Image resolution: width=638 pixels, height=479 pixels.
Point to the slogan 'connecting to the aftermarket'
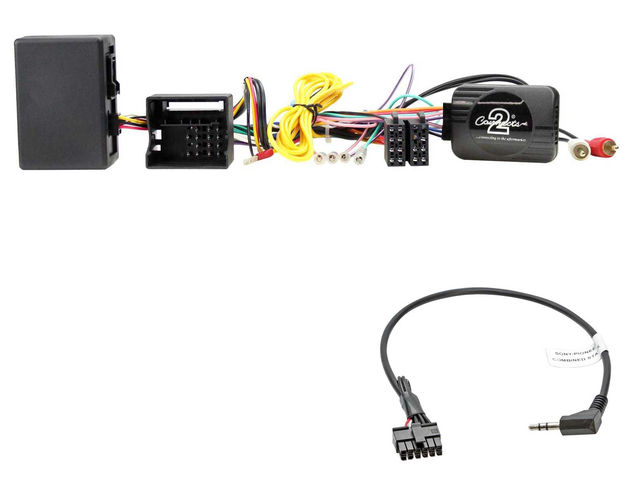click(x=501, y=139)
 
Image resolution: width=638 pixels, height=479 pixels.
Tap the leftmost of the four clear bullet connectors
click(x=319, y=158)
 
